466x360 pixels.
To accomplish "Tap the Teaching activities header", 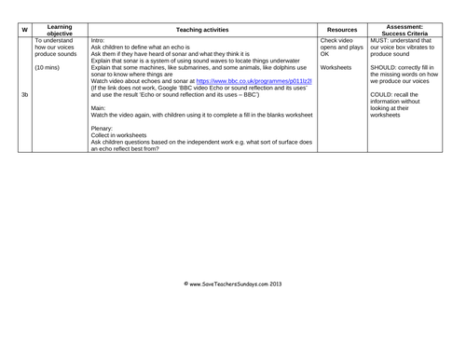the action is click(200, 29).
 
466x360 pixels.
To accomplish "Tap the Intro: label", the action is click(99, 41).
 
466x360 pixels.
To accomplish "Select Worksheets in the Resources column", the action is click(336, 68).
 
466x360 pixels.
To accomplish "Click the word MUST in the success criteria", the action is click(381, 41).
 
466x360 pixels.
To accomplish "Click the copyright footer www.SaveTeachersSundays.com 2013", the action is click(232, 281).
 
